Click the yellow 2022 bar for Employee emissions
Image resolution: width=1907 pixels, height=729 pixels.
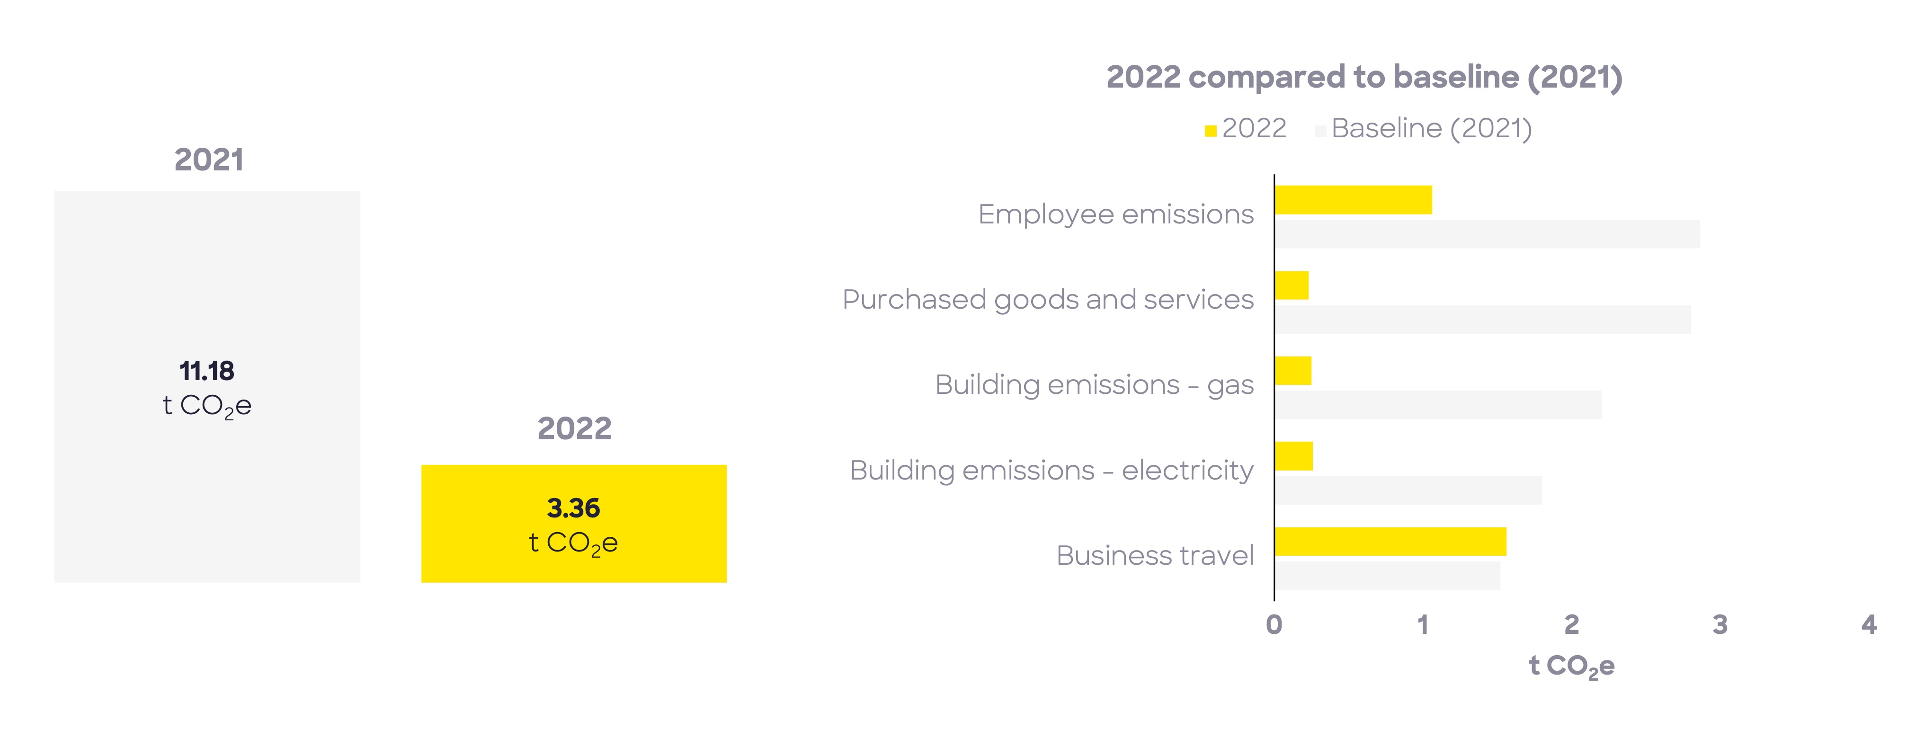tap(1353, 200)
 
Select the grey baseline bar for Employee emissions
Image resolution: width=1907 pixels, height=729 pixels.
tap(1487, 234)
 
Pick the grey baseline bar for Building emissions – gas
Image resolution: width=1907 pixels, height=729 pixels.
tap(1438, 405)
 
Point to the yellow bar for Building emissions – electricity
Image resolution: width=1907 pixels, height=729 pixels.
tap(1294, 456)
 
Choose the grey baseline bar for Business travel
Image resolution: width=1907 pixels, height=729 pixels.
tap(1387, 576)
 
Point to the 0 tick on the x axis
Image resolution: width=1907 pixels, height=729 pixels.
tap(1274, 625)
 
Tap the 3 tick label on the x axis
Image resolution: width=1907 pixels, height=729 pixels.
tap(1720, 625)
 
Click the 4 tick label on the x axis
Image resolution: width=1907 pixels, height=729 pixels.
tap(1869, 625)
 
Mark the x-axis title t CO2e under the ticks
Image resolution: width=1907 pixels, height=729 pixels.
tap(1571, 666)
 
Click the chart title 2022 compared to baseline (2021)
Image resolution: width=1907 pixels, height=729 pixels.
tap(1363, 77)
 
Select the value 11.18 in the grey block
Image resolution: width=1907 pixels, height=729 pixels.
tap(206, 371)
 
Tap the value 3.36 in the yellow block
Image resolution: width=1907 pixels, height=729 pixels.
tap(574, 508)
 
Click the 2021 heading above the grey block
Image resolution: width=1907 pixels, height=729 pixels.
tap(209, 160)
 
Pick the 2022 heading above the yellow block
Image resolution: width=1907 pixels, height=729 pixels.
tap(574, 428)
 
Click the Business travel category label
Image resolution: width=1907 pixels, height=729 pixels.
tap(1155, 556)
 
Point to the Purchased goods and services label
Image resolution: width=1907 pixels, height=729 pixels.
tap(1048, 300)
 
